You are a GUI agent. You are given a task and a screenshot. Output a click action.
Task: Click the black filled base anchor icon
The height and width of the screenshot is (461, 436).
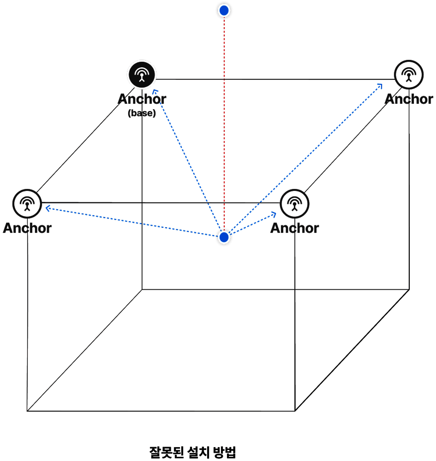coord(142,75)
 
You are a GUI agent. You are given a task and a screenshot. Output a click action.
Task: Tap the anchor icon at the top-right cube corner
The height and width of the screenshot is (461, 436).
coord(409,75)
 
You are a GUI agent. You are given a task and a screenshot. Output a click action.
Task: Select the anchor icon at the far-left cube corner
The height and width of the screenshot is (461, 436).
coord(27,204)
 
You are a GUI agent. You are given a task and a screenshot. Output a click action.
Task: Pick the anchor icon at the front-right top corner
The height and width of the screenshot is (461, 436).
coord(294,204)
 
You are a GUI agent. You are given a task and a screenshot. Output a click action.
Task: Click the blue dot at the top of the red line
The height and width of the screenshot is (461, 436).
coord(224,11)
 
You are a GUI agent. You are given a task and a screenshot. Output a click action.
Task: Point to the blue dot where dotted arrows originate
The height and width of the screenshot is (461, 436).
coord(224,237)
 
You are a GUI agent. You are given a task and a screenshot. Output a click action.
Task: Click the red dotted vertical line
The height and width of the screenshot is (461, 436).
coord(224,124)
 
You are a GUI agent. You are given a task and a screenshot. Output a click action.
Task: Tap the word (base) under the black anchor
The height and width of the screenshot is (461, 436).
coord(142,113)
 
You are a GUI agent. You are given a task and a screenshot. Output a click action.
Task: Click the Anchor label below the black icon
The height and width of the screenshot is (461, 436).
coord(142,99)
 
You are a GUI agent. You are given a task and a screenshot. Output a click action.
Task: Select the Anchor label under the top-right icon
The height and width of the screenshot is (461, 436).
coord(409,99)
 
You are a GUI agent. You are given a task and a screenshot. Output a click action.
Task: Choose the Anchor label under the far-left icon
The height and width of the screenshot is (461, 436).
coord(27,228)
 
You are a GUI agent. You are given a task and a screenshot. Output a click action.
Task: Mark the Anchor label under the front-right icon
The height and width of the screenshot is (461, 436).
coord(294,228)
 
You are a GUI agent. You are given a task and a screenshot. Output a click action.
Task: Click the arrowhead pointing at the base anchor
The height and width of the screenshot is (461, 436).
coord(155,92)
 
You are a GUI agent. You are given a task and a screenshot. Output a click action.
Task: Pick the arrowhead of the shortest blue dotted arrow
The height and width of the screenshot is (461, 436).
coord(274,214)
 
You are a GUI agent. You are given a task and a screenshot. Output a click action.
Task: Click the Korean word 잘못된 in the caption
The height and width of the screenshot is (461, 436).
coord(167,452)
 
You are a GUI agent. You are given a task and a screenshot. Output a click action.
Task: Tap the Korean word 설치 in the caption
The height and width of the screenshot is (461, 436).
coord(198,452)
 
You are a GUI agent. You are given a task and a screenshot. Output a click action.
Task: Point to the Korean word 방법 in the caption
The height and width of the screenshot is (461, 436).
coord(225,452)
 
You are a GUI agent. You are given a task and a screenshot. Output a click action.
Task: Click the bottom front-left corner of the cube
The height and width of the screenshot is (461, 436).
coord(27,411)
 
